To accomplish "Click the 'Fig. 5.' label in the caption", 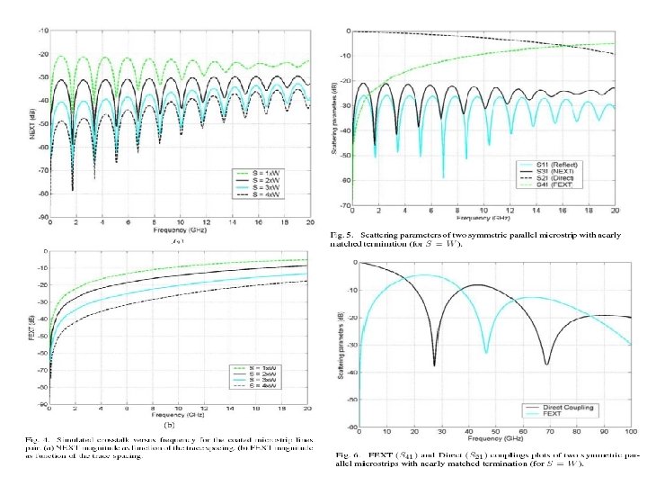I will click(346, 236).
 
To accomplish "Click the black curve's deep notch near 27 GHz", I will click(434, 364).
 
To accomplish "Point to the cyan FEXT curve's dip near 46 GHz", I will click(486, 352).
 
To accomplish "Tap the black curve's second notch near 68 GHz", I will click(546, 364).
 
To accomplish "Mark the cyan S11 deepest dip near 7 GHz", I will click(443, 177).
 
